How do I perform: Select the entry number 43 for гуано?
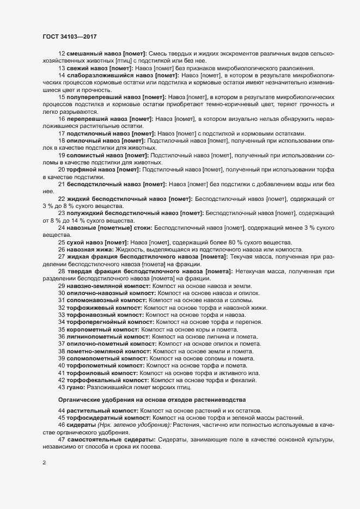coord(62,387)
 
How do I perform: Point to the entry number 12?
coord(62,53)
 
